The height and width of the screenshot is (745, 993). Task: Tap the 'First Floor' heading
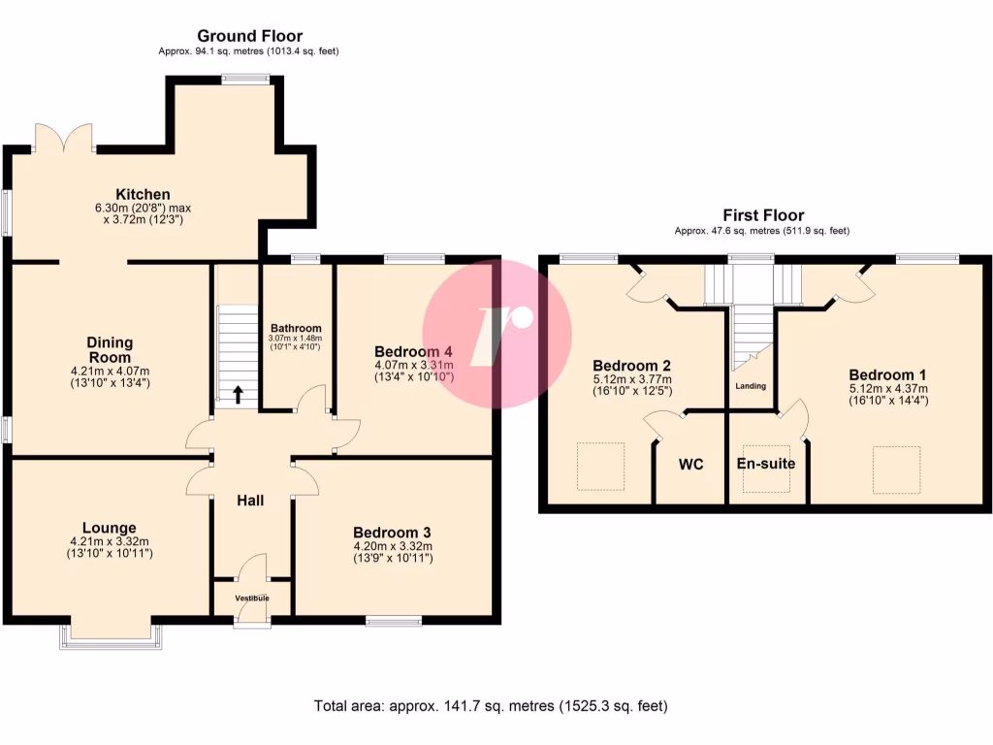pyautogui.click(x=762, y=215)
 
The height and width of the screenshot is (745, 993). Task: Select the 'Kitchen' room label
pyautogui.click(x=144, y=195)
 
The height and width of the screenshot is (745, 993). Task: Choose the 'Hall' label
pyautogui.click(x=251, y=501)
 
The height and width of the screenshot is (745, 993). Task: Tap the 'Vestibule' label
pyautogui.click(x=251, y=598)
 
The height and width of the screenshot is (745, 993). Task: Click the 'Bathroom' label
pyautogui.click(x=296, y=328)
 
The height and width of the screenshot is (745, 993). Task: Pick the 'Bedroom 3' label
pyautogui.click(x=392, y=533)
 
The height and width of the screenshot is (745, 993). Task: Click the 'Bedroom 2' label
pyautogui.click(x=631, y=364)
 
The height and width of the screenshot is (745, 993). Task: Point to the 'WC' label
pyautogui.click(x=690, y=465)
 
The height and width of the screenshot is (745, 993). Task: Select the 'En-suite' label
pyautogui.click(x=766, y=464)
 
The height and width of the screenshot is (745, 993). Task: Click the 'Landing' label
pyautogui.click(x=751, y=386)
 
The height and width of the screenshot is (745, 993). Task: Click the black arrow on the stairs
pyautogui.click(x=238, y=394)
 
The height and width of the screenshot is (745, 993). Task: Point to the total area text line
pyautogui.click(x=491, y=705)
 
